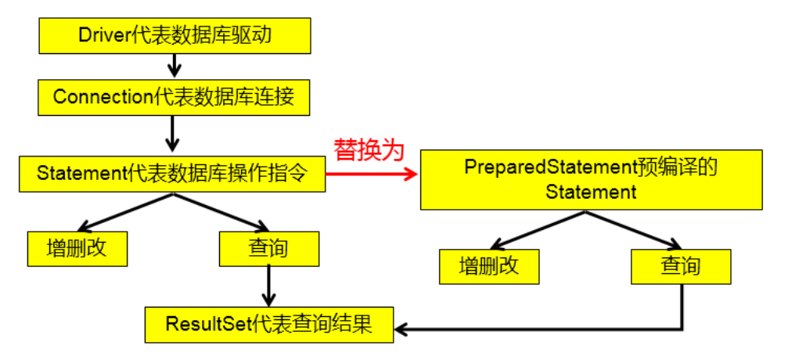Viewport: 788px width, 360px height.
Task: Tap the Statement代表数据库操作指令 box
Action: [172, 175]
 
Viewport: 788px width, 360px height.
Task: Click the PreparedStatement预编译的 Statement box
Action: [592, 179]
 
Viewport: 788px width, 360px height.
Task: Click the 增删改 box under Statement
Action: [77, 249]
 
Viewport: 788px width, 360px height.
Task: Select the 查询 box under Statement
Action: [268, 249]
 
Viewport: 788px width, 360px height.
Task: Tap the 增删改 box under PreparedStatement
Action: [489, 267]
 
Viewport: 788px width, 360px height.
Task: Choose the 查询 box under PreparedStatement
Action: [681, 267]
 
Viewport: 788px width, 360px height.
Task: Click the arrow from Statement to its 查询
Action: [221, 211]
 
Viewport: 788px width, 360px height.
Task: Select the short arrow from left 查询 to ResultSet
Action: [268, 286]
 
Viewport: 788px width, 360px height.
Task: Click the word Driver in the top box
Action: [100, 35]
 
